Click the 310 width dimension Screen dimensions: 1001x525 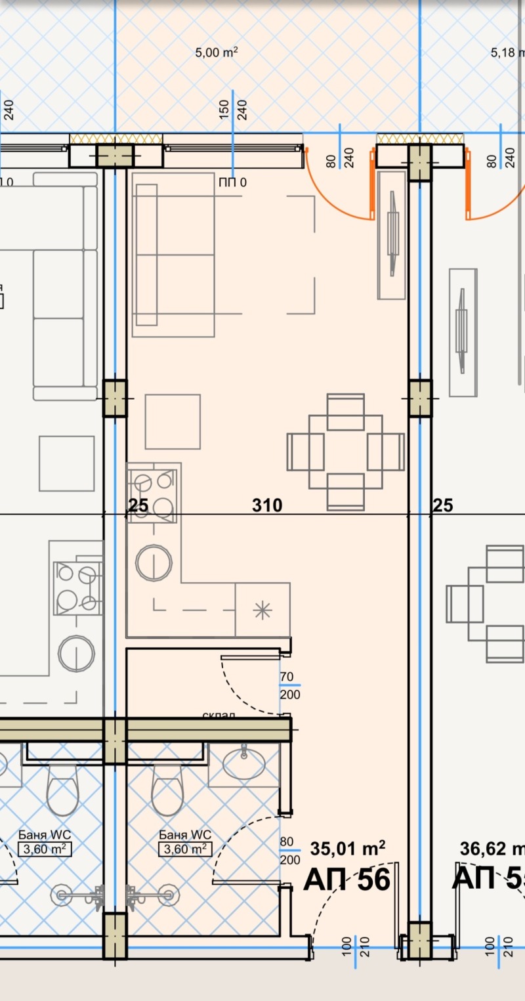267,505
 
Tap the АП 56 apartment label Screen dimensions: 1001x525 346,880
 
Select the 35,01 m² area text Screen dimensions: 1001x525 347,849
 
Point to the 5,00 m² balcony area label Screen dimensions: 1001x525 216,53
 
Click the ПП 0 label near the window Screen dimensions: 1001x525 232,182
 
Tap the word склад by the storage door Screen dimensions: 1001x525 219,714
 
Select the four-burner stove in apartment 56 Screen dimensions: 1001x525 153,496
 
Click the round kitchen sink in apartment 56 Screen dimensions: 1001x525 154,563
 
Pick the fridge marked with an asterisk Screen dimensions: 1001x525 262,610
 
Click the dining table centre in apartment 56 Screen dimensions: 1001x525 345,452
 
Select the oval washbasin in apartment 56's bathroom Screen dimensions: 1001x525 243,764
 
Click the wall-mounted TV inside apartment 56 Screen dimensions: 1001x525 392,234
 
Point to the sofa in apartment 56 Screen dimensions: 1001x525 173,255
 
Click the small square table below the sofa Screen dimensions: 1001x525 173,421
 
